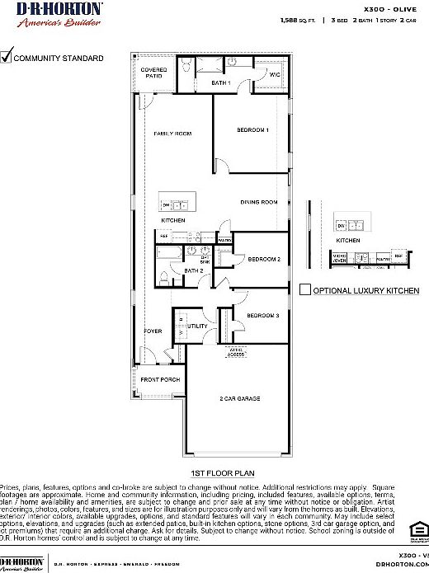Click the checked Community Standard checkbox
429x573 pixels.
pos(7,57)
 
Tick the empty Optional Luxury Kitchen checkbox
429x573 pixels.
pos(304,290)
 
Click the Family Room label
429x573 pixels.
pos(173,133)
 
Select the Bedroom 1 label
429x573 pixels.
pos(253,129)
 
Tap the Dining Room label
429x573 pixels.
pos(258,202)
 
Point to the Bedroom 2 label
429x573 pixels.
pos(264,259)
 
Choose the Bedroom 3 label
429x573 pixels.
pos(262,316)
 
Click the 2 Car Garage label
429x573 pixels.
pos(239,398)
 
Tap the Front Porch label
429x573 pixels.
pos(160,379)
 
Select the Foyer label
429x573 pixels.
pos(153,331)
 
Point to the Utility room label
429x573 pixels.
pos(198,326)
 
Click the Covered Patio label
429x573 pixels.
pos(154,73)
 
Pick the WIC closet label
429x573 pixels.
pos(275,75)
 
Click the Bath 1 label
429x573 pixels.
pos(220,83)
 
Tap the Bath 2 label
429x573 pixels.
pos(193,270)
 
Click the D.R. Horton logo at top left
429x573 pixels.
pos(51,13)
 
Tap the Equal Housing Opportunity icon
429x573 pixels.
pos(419,528)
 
